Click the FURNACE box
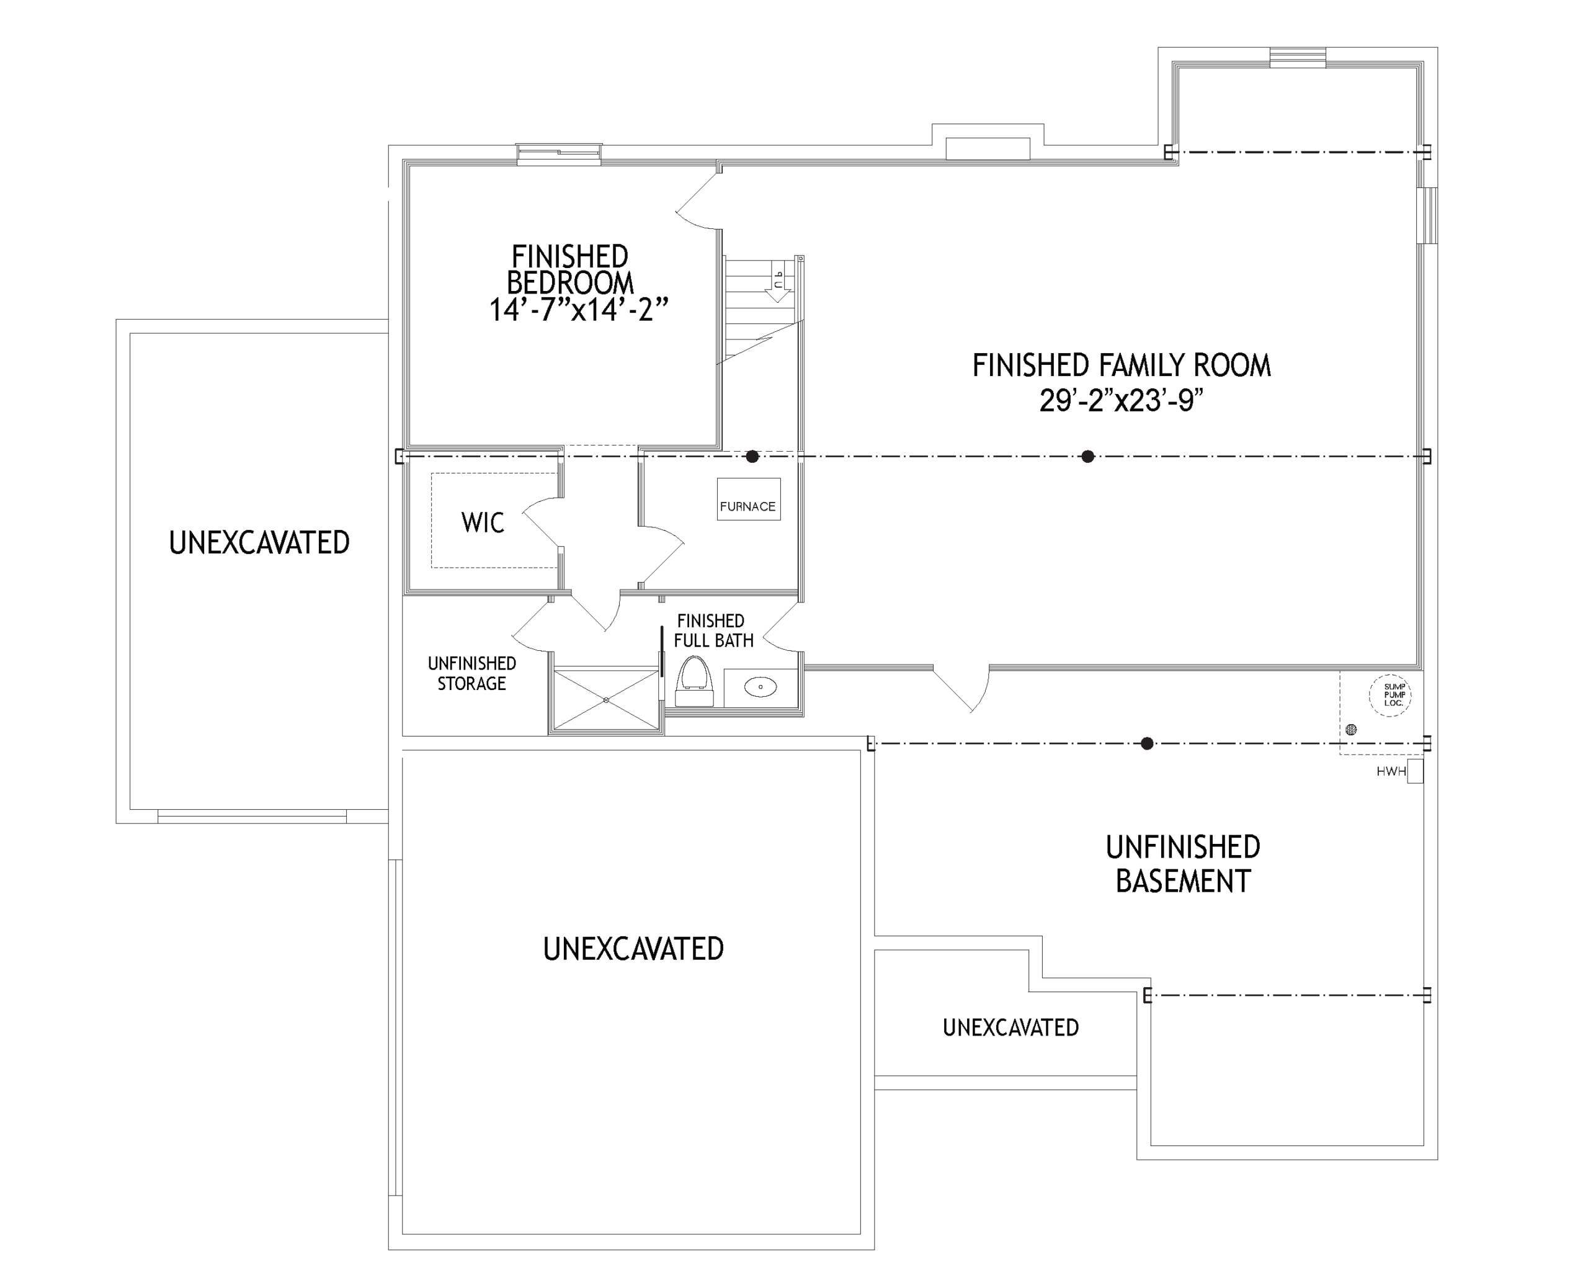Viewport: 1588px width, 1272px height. point(748,499)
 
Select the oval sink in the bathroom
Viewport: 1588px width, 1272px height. point(760,688)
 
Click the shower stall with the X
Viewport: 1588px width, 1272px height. point(605,699)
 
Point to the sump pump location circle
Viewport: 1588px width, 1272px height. point(1390,694)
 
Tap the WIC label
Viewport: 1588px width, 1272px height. point(483,522)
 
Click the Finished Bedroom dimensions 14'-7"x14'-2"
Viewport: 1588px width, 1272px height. point(579,310)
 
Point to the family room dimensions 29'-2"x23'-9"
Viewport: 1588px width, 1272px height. point(1121,400)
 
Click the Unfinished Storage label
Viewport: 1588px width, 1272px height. point(472,674)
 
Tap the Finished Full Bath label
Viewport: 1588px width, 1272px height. point(712,631)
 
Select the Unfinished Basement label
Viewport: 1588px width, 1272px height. point(1183,864)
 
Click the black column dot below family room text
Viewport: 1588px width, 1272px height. point(1088,456)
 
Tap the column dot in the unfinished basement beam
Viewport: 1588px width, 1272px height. point(1147,743)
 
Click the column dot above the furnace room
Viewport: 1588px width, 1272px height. point(752,456)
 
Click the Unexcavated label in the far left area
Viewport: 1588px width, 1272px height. point(259,542)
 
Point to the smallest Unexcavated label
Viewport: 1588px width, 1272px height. point(1010,1028)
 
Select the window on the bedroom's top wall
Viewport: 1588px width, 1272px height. point(559,154)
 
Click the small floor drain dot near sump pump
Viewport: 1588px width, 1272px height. point(1351,730)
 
